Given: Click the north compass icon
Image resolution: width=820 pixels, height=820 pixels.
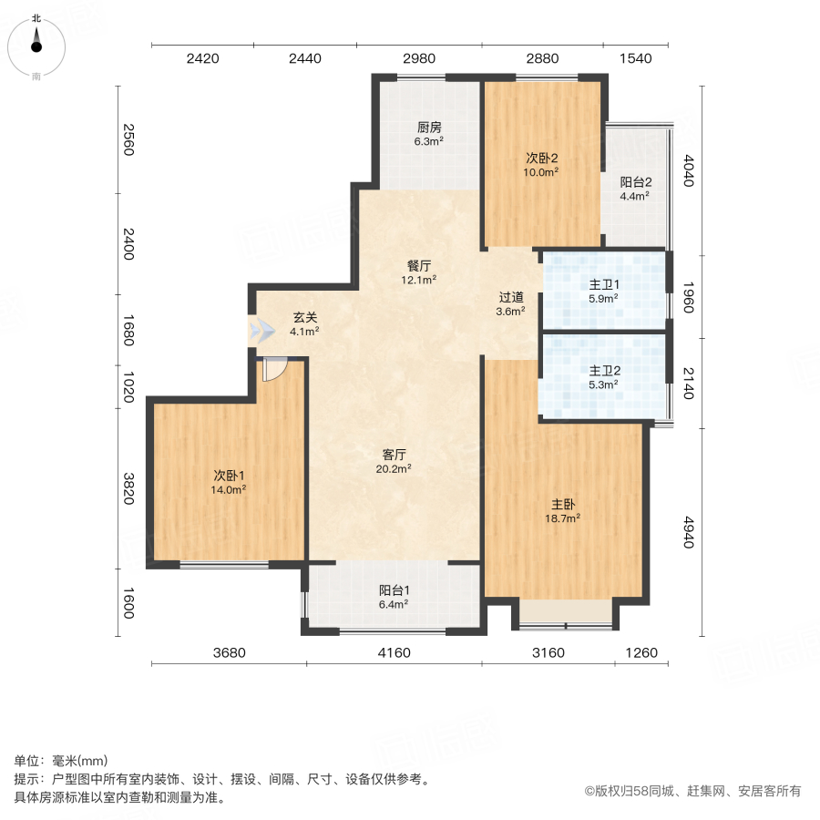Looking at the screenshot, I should click(36, 46).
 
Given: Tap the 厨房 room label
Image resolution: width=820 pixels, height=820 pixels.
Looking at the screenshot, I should click(429, 128).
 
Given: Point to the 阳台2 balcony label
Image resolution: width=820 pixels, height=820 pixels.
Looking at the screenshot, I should click(634, 180).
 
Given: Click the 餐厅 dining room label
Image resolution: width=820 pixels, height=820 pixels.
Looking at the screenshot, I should click(419, 266).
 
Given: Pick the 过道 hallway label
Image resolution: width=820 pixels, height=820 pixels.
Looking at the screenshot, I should click(511, 297).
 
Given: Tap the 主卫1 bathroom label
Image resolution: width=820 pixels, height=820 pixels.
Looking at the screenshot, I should click(604, 284).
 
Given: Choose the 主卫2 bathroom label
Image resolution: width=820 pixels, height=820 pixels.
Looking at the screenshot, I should click(604, 371).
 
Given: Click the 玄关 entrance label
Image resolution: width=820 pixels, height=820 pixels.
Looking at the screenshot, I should click(304, 318).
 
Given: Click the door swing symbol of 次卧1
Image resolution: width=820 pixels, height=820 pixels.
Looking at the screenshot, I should click(273, 369).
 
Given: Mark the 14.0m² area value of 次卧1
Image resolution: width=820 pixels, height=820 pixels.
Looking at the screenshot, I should click(230, 489).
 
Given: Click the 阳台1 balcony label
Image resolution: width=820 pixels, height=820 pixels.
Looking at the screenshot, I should click(394, 589).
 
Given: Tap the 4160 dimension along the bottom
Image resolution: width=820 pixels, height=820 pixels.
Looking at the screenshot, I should click(394, 652).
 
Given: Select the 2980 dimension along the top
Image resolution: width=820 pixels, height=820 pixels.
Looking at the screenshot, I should click(419, 59).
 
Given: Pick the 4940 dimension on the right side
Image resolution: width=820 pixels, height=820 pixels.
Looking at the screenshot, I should click(688, 529).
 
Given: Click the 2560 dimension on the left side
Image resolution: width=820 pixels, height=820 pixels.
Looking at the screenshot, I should click(128, 138).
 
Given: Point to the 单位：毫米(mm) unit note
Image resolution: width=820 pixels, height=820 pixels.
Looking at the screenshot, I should click(61, 762).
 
